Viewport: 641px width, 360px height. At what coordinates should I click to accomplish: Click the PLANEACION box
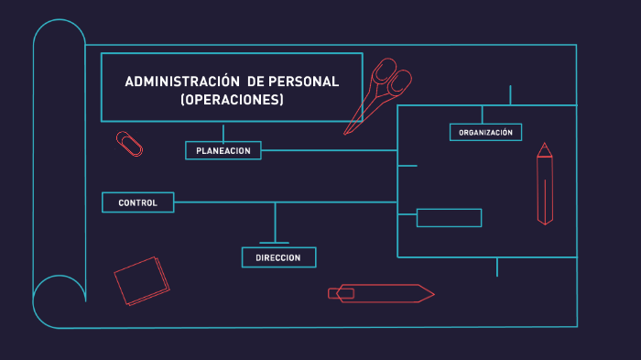coord(223,150)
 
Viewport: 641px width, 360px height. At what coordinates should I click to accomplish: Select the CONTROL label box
coord(137,202)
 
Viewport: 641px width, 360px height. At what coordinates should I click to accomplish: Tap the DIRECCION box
coord(278,257)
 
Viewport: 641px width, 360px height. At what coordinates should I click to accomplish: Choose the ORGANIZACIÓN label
coord(485,132)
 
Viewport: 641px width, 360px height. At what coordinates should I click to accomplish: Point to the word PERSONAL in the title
coord(302,82)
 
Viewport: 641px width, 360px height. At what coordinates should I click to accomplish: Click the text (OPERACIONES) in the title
coord(232,100)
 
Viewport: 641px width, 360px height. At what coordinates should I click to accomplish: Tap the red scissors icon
coord(380,93)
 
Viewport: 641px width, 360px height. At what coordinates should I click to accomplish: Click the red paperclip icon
coord(129,143)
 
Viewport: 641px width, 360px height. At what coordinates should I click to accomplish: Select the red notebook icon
coord(142,279)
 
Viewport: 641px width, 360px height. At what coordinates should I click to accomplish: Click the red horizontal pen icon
coord(380,293)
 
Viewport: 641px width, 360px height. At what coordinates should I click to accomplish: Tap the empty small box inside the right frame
coord(449,218)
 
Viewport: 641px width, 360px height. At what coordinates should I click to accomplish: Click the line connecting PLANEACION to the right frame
coord(330,150)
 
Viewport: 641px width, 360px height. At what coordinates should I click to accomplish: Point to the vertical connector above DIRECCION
coord(275,220)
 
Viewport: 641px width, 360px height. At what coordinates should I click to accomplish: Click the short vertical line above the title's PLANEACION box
coord(223,132)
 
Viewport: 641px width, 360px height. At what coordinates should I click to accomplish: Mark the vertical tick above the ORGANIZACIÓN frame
coord(510,95)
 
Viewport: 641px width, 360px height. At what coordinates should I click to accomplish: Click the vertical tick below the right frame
coord(497,267)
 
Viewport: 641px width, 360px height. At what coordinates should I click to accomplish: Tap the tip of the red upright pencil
coord(544,146)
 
